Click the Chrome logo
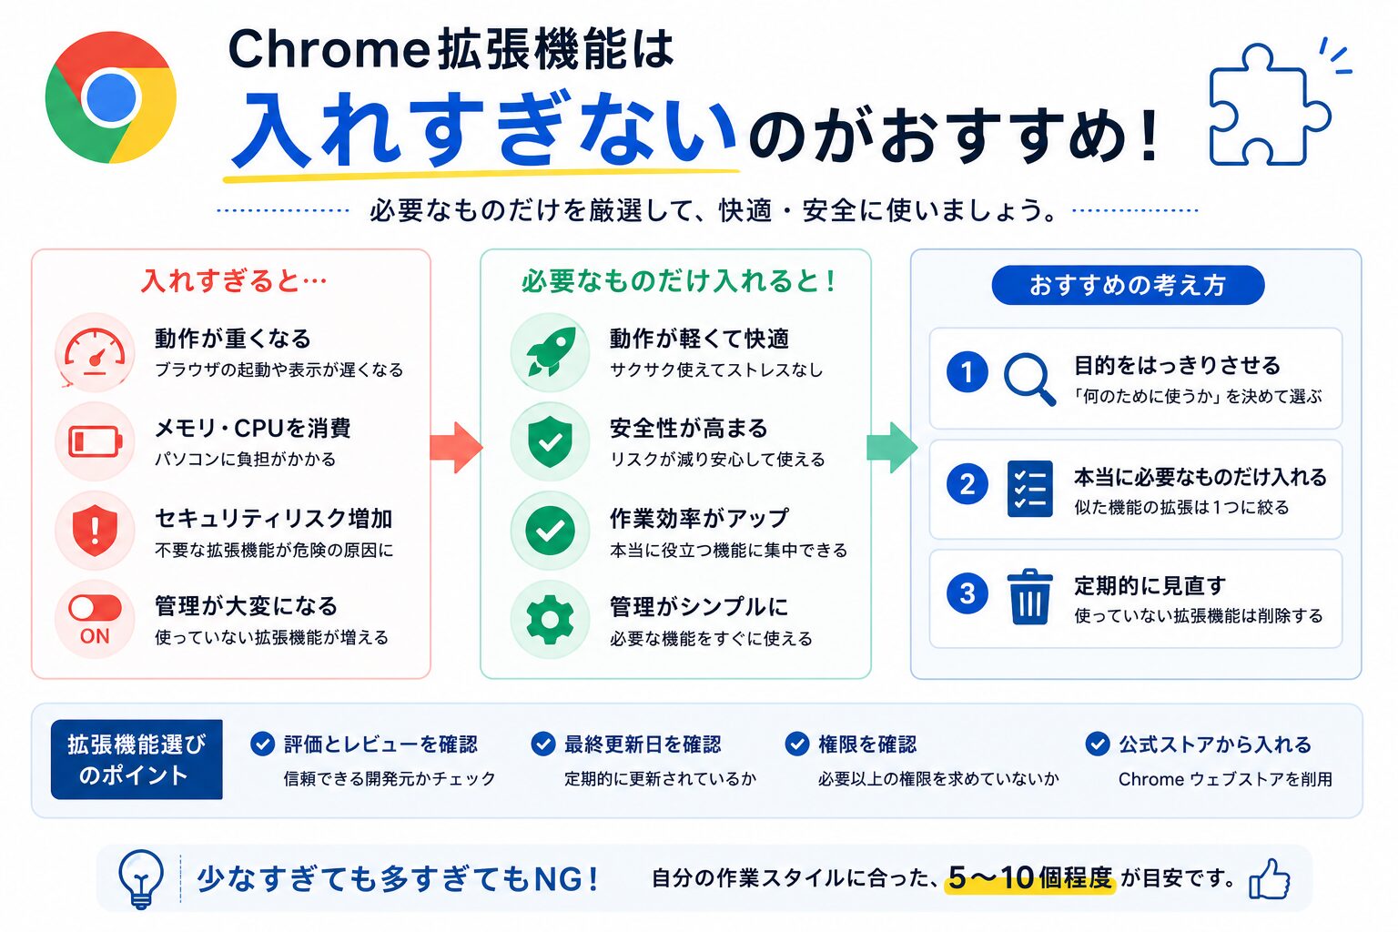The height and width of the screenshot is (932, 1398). pyautogui.click(x=111, y=97)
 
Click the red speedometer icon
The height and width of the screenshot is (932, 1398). pyautogui.click(x=95, y=352)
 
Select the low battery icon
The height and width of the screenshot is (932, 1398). pyautogui.click(x=95, y=441)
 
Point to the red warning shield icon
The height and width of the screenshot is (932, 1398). pyautogui.click(x=95, y=531)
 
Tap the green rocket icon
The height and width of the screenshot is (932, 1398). pyautogui.click(x=551, y=352)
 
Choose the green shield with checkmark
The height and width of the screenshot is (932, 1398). pyautogui.click(x=551, y=442)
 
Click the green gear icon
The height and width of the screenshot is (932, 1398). pyautogui.click(x=551, y=619)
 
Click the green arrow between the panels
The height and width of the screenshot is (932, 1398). pyautogui.click(x=892, y=447)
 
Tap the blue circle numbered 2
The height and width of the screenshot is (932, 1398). pyautogui.click(x=967, y=484)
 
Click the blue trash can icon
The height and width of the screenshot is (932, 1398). pyautogui.click(x=1029, y=597)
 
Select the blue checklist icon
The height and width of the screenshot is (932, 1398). pyautogui.click(x=1029, y=489)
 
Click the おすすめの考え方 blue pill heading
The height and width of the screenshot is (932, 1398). pyautogui.click(x=1128, y=285)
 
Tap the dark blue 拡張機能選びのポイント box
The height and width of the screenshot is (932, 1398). pyautogui.click(x=137, y=759)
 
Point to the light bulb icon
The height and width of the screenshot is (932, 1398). pyautogui.click(x=141, y=877)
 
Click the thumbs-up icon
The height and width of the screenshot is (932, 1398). pyautogui.click(x=1270, y=879)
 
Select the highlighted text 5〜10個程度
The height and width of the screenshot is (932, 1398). pyautogui.click(x=1029, y=877)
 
